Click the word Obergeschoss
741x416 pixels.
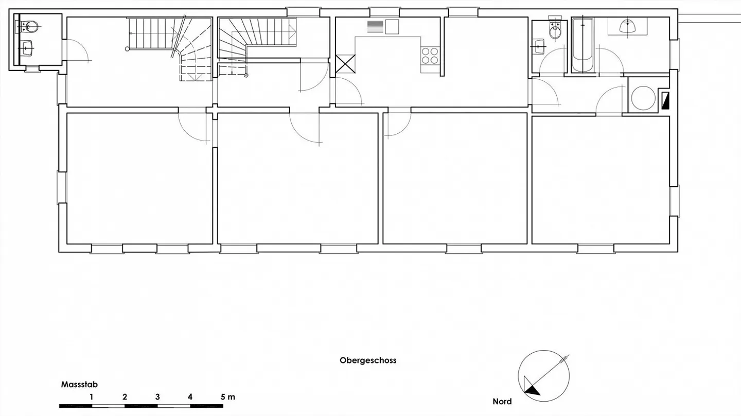tap(368, 360)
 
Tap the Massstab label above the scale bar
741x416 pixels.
tap(79, 384)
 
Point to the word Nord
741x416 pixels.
tap(502, 402)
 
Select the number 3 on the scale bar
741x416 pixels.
tap(157, 397)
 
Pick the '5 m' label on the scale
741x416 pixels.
tap(227, 397)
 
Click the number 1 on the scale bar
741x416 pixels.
tap(91, 397)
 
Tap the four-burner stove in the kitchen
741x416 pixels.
tap(430, 56)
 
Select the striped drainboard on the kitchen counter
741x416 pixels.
tap(375, 26)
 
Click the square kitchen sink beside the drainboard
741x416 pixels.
tap(392, 26)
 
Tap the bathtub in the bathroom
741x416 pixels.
tap(583, 45)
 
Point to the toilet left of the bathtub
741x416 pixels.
tap(555, 31)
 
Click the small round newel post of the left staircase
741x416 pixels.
tap(128, 49)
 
